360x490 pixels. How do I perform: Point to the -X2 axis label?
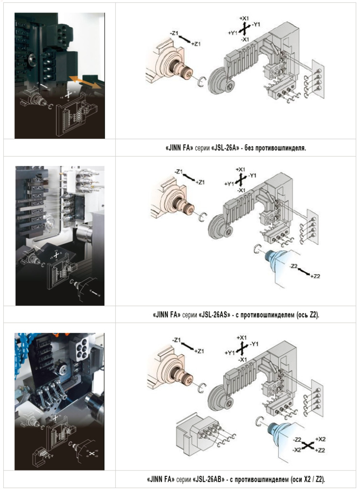pyautogui.click(x=297, y=450)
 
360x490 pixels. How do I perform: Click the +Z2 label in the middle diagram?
pyautogui.click(x=315, y=277)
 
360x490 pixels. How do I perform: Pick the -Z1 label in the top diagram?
pyautogui.click(x=174, y=33)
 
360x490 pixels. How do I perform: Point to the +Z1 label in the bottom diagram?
pyautogui.click(x=200, y=351)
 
